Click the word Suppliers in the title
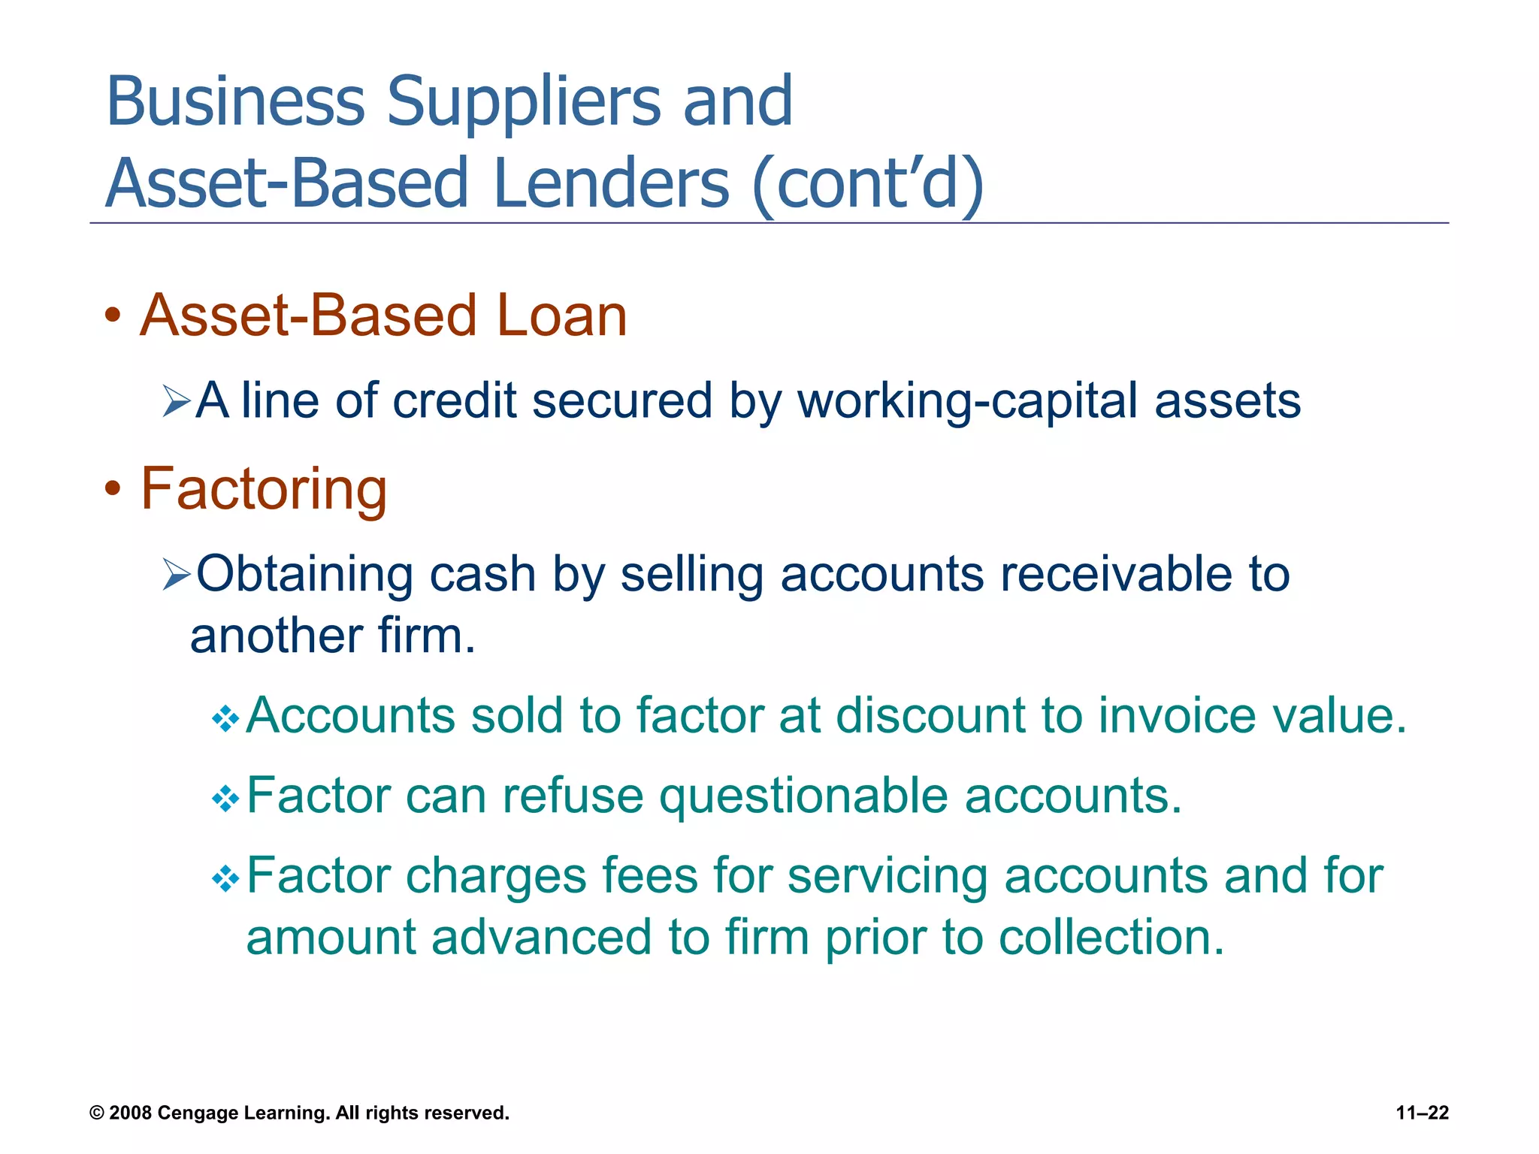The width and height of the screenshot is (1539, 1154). click(524, 102)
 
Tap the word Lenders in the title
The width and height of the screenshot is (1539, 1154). click(611, 183)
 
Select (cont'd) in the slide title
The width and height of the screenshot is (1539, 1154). click(868, 185)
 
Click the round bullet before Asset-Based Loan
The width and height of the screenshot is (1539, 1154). click(113, 316)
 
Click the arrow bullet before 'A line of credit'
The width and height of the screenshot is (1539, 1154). click(177, 402)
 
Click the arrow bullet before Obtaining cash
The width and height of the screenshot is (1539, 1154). click(177, 575)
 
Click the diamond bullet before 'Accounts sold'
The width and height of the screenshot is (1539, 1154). click(225, 719)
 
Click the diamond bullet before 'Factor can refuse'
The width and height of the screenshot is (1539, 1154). click(225, 799)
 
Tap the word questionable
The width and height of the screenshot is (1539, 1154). click(803, 797)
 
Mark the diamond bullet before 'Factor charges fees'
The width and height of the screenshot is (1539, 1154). click(225, 878)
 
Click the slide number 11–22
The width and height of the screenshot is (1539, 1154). click(1422, 1113)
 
